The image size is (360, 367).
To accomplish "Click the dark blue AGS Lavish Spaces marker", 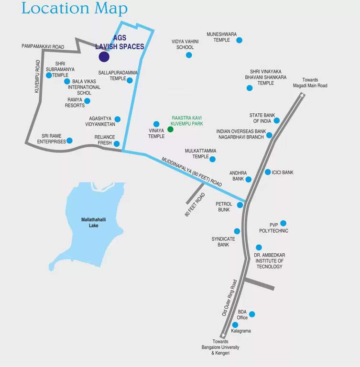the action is [x=104, y=57].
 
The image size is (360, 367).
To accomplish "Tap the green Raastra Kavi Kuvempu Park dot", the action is [x=170, y=129].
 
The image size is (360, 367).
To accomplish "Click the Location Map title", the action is [x=75, y=8].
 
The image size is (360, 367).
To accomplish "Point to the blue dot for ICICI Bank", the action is [x=268, y=172].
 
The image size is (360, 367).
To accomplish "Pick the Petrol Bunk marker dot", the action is [x=240, y=205].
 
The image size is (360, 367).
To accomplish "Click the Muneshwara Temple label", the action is [x=221, y=37].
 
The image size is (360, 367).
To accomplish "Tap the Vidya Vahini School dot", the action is [x=189, y=55].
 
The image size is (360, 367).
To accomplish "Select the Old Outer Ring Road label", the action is [x=229, y=298].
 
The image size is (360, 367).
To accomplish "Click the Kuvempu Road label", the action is [x=37, y=76].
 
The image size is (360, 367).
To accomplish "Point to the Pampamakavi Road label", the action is [x=43, y=46].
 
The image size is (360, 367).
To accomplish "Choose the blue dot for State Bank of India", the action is [x=276, y=120].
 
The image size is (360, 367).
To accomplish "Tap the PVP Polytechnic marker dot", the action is [x=283, y=223].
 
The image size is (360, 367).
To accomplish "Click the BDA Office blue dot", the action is [x=252, y=314].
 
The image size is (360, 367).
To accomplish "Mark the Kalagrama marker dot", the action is [x=235, y=325].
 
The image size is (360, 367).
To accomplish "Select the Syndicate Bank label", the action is [x=220, y=242].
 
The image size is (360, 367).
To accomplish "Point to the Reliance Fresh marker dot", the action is [x=117, y=143].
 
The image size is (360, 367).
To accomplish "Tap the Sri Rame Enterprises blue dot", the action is [x=69, y=140].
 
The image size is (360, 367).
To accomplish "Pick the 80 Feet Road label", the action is [x=195, y=205].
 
